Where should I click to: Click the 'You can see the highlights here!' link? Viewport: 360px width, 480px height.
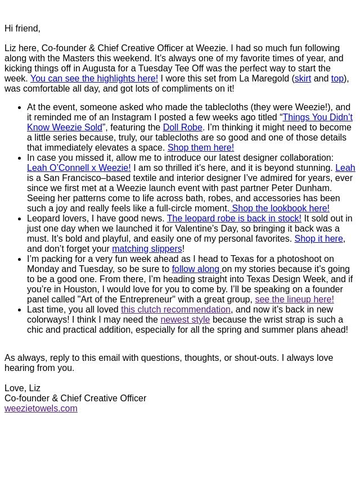coord(94,79)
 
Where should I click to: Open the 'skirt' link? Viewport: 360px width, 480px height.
coord(303,79)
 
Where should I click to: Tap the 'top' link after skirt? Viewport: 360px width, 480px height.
coord(337,79)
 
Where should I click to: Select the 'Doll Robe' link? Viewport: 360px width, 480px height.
coord(182,128)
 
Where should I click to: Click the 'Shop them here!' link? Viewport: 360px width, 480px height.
coord(200,148)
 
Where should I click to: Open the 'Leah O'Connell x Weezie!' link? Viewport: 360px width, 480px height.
coord(79,168)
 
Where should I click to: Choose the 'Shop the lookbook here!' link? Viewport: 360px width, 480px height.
coord(280,209)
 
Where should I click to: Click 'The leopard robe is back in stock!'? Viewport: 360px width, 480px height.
coord(234,219)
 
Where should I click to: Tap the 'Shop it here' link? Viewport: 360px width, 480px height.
coord(318,239)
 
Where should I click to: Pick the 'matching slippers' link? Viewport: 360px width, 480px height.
coord(147,249)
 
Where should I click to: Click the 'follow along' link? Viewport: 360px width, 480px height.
coord(196,269)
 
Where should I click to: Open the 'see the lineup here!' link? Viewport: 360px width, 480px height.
coord(294,300)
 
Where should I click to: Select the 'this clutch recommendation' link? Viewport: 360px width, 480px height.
coord(175,310)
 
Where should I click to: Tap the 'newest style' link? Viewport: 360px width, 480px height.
coord(185,320)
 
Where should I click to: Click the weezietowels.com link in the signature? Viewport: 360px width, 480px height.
coord(41,409)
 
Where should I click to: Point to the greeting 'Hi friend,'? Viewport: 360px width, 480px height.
coord(22,29)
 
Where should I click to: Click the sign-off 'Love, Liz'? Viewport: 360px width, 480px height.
coord(22,388)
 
